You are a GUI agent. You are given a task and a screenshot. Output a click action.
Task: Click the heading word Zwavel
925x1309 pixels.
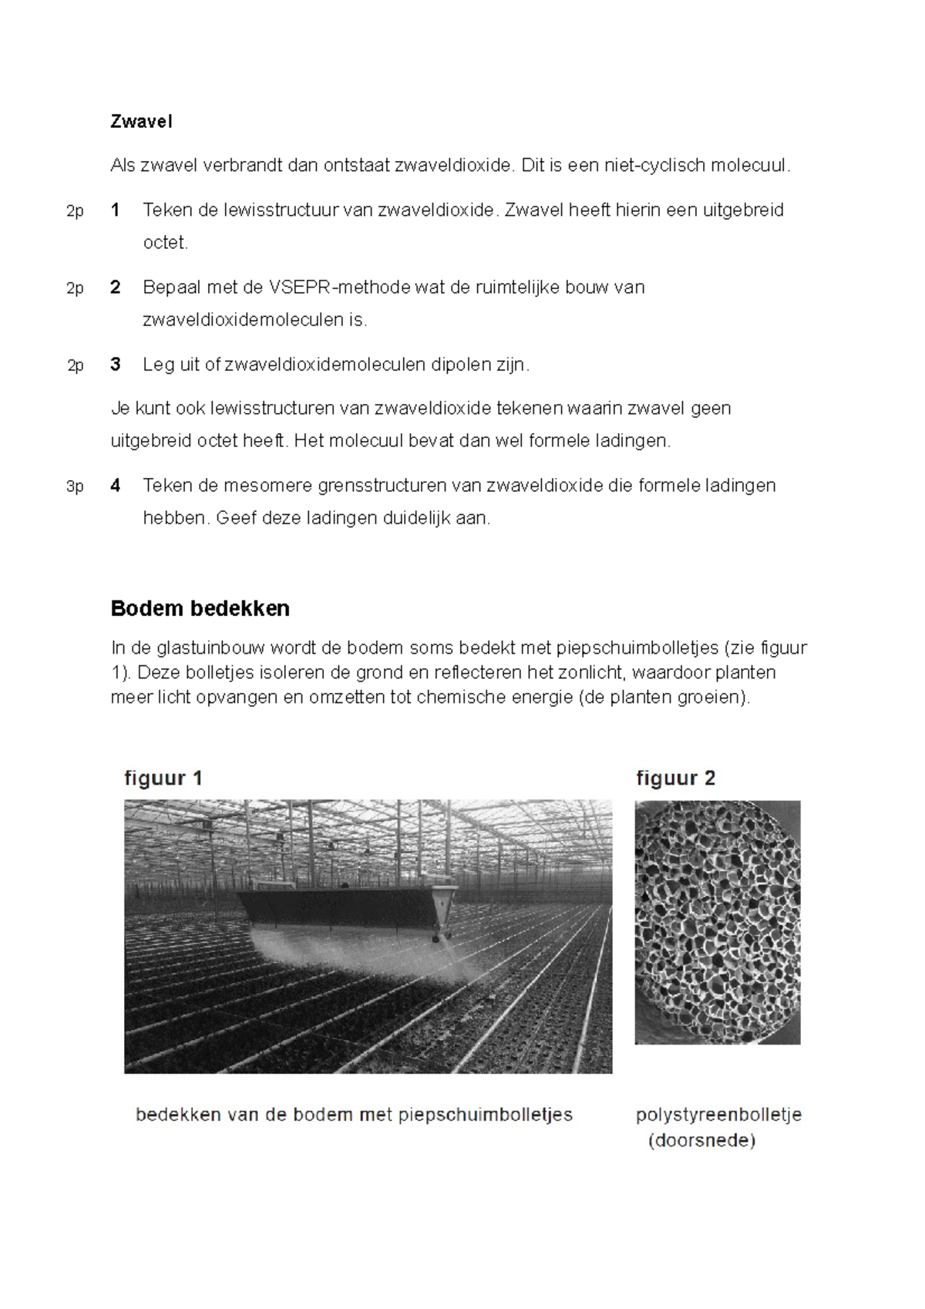pos(141,121)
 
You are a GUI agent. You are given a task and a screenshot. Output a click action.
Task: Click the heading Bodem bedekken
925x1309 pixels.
pos(200,608)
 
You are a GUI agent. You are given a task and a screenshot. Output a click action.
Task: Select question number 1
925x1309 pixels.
pos(115,210)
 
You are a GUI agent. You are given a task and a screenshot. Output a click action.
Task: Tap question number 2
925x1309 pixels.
pos(115,288)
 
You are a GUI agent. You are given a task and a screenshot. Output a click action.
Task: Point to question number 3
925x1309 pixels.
pos(115,364)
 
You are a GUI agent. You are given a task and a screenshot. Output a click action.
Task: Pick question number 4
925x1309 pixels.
pos(115,485)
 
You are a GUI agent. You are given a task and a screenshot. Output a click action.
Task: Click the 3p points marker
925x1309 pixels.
pos(74,486)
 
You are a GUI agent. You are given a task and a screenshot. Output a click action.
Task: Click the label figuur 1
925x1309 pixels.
pos(163,778)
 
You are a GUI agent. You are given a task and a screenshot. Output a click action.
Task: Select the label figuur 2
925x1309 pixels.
pos(675,778)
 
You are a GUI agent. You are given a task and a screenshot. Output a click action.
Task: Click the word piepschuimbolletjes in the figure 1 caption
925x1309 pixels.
pos(485,1114)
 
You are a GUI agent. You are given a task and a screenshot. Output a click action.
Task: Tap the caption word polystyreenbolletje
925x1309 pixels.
pos(718,1114)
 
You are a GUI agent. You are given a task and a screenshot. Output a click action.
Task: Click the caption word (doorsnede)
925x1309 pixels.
pos(701,1140)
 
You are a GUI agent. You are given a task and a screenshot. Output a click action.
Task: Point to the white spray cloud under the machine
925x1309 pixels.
pos(347,956)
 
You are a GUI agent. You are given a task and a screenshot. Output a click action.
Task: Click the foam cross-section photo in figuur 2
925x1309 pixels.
pos(717,921)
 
